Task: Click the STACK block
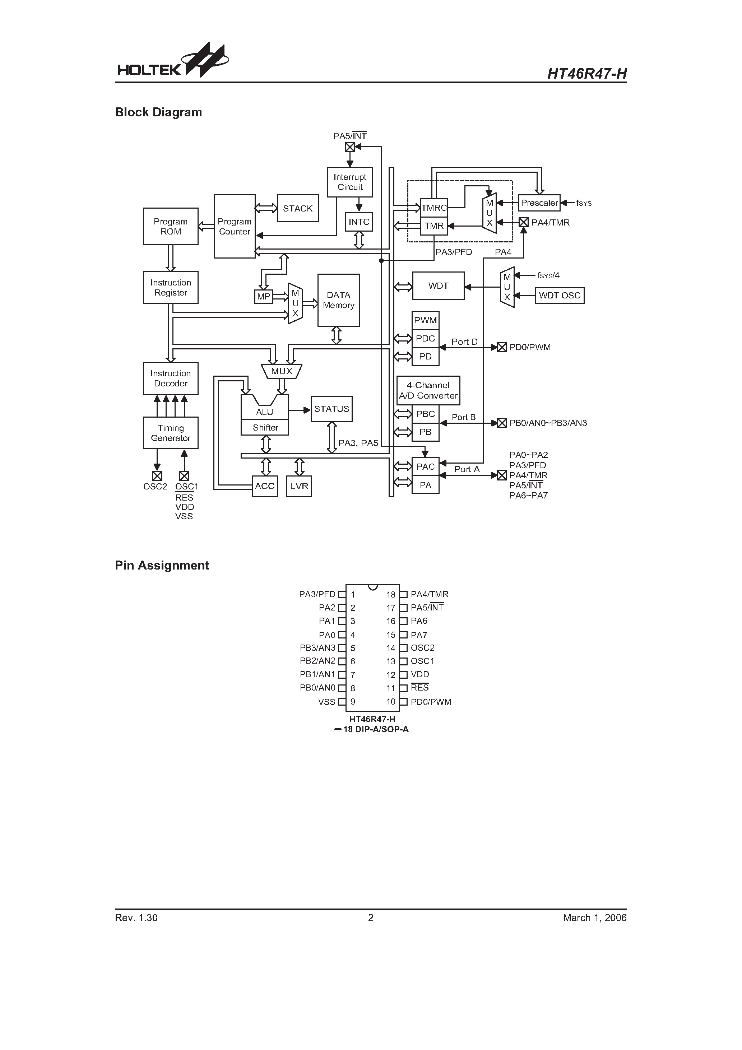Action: click(297, 208)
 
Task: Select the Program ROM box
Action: click(170, 226)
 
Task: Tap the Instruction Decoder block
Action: click(170, 378)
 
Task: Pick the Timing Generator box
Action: click(170, 433)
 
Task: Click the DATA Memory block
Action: click(339, 300)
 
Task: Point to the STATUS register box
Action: click(331, 409)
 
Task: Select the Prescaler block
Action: click(539, 203)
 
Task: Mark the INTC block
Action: click(359, 222)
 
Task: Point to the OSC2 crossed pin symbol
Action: click(157, 476)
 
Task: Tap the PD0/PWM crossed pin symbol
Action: click(502, 347)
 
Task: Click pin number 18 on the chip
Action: click(391, 595)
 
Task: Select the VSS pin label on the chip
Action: click(326, 702)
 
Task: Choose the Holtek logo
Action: click(172, 61)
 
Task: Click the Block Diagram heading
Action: click(158, 112)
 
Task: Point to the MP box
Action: click(264, 296)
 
